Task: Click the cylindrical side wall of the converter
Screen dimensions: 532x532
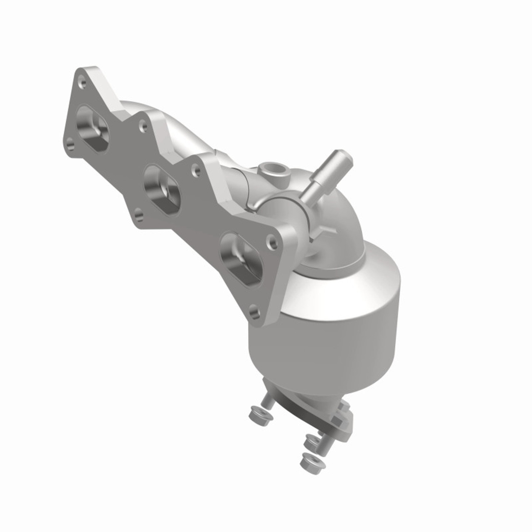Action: pyautogui.click(x=332, y=328)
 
